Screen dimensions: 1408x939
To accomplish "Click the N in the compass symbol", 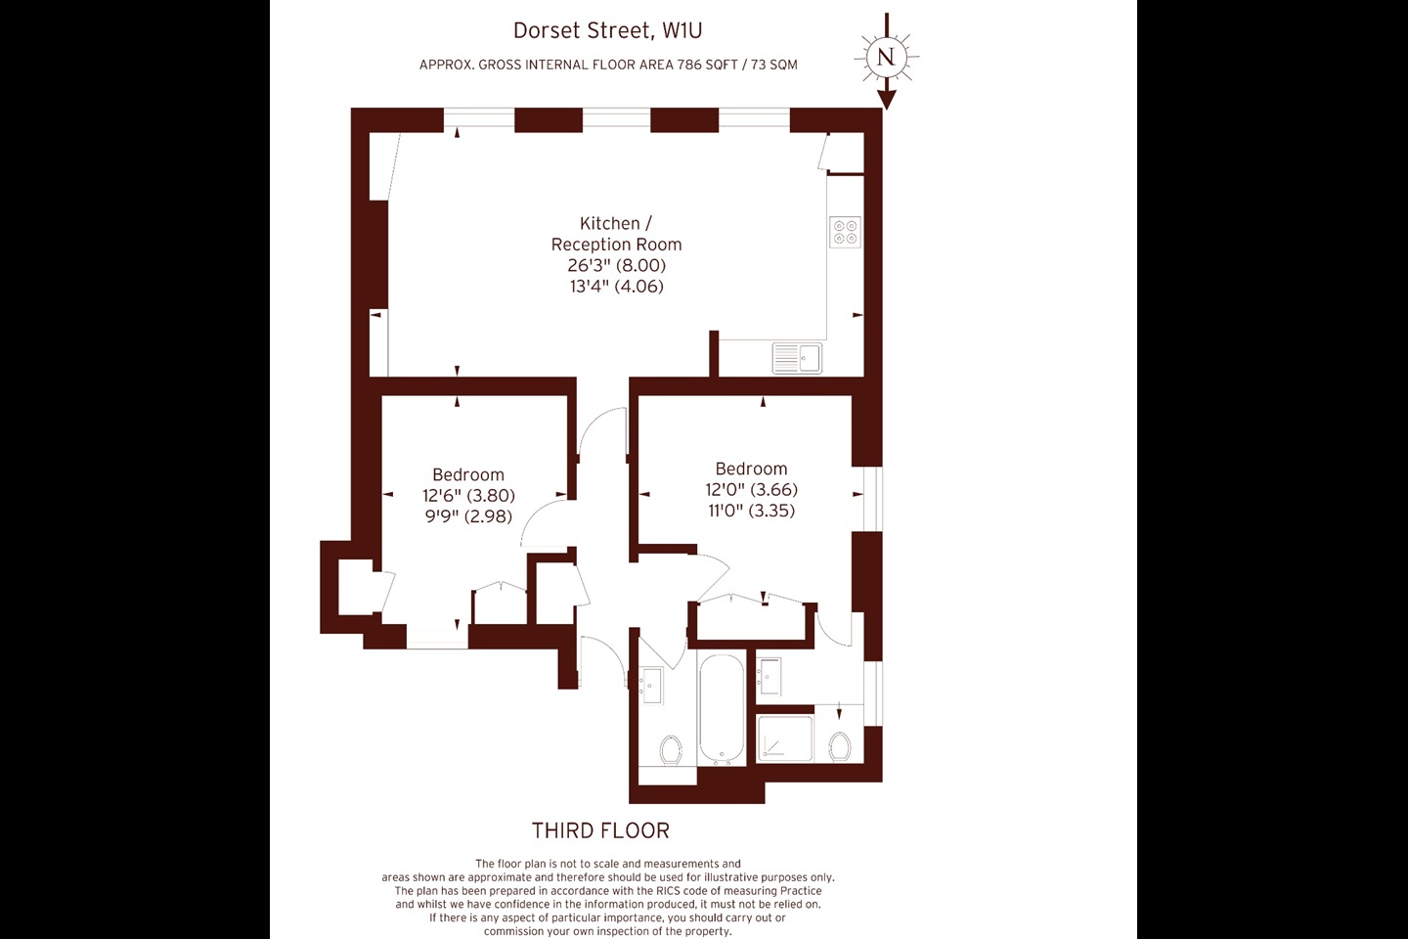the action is [886, 57].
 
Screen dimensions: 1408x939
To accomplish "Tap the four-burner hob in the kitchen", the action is [845, 232].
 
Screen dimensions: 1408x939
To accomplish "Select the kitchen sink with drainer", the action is [796, 358].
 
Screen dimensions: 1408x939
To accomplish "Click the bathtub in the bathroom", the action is [722, 708].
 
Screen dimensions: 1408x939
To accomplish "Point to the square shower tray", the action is [785, 738].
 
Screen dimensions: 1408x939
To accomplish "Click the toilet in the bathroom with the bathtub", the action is [671, 749].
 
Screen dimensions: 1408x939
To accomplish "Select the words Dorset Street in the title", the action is [582, 30].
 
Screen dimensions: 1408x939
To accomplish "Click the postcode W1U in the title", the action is [682, 30].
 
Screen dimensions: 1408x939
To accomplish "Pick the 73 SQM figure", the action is [774, 65].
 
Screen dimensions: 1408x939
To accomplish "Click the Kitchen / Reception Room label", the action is [616, 234].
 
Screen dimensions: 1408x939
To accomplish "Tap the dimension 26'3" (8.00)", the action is [616, 265].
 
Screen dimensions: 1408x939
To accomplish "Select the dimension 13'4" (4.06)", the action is [616, 287].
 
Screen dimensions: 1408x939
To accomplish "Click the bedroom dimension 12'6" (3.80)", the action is [468, 496].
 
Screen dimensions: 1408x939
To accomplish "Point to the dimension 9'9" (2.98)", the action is [468, 516].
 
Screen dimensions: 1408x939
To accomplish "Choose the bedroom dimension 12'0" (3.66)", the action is [751, 489].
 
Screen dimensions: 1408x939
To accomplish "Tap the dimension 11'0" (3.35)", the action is [751, 510].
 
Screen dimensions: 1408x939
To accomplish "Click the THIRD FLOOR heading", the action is [601, 830].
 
